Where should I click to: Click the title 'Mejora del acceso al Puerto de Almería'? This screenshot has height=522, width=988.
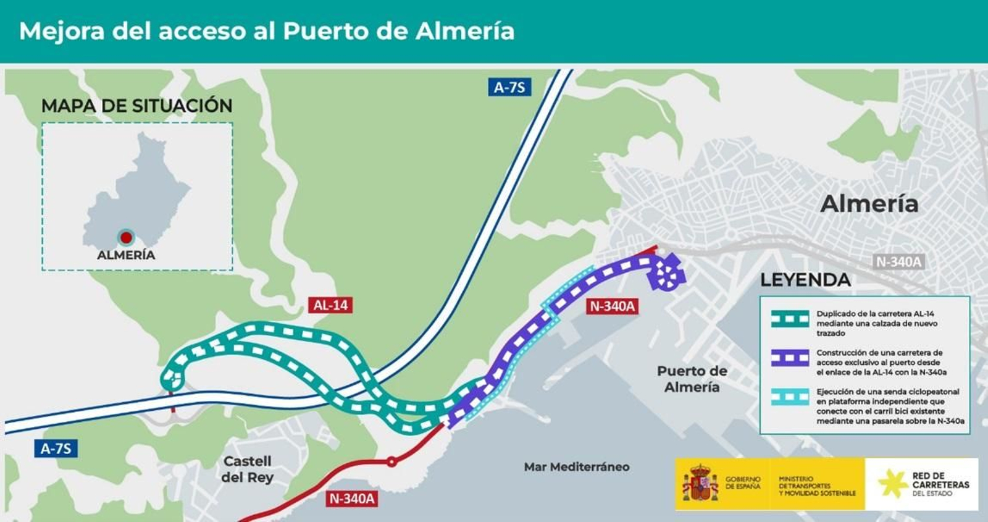(267, 31)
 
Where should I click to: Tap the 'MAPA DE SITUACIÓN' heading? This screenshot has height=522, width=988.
(136, 106)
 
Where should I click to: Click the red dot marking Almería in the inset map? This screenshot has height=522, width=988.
(126, 237)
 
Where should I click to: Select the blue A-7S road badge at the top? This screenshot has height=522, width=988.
(509, 87)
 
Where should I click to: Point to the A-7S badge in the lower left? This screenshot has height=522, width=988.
(56, 448)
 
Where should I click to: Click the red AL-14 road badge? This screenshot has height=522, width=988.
(330, 305)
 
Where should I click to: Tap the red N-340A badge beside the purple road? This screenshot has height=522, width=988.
(612, 306)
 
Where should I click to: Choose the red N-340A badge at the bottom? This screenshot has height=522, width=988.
(351, 499)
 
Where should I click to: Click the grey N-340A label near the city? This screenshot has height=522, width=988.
(898, 262)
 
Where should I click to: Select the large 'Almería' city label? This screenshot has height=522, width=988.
(869, 203)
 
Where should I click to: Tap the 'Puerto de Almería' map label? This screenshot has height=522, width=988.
(692, 379)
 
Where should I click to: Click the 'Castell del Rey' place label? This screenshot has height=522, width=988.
(247, 469)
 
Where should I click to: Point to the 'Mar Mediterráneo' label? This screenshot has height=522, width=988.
(576, 467)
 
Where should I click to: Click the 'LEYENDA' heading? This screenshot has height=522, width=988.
(805, 280)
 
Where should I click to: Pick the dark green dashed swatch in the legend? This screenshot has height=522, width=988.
(790, 319)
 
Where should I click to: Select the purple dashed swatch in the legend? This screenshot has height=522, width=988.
(790, 358)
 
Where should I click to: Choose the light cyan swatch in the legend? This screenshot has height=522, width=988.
(790, 397)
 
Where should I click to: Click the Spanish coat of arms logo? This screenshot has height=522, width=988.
(700, 484)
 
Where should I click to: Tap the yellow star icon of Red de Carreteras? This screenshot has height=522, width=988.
(892, 484)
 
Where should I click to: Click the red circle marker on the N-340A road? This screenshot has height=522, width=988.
(391, 461)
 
